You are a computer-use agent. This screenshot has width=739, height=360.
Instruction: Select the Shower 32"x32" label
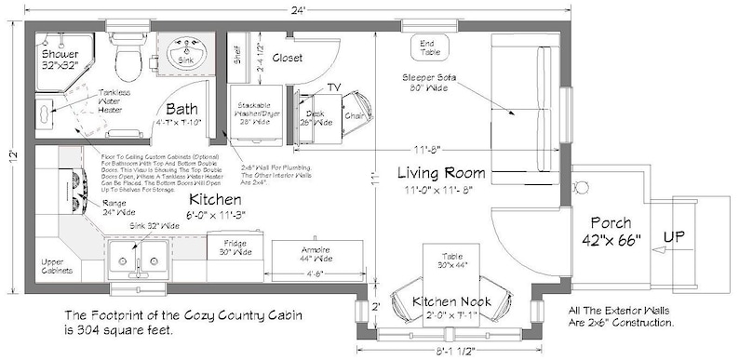tap(60, 60)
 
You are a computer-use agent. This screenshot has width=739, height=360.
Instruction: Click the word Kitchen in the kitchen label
tap(217, 200)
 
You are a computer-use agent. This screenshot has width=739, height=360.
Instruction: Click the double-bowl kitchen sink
tap(138, 256)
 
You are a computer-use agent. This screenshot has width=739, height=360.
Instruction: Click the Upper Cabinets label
tap(59, 266)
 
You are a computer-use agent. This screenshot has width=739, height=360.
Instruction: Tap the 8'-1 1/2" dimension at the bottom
tap(448, 352)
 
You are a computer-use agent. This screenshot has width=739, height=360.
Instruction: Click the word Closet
tap(293, 58)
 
